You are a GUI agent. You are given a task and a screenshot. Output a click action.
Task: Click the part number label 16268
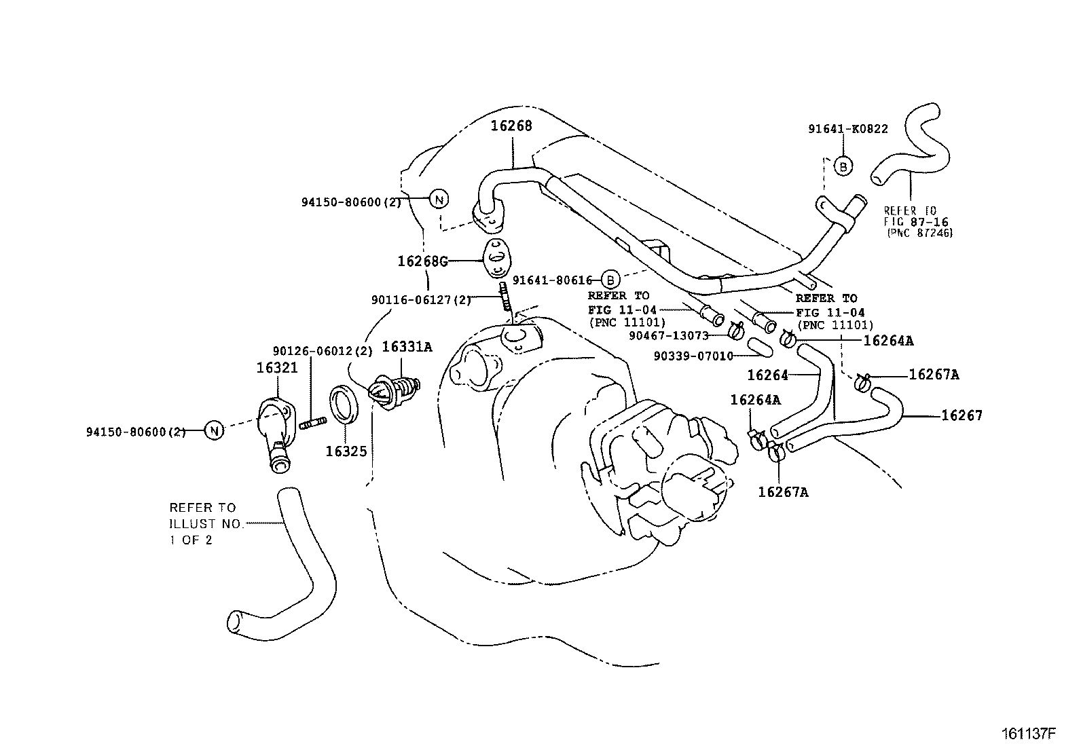coord(511,126)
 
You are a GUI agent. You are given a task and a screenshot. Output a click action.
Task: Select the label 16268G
coord(422,261)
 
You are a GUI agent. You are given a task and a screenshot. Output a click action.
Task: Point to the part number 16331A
coord(407,346)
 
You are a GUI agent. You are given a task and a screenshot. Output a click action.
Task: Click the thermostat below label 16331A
coord(394,392)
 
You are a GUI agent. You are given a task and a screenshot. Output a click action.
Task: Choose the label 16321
coord(277,368)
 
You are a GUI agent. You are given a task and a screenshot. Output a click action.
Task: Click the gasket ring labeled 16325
coord(344,404)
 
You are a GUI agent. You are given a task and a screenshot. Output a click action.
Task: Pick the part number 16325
coord(346,451)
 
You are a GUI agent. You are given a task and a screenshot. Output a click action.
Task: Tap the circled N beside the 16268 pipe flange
coord(439,200)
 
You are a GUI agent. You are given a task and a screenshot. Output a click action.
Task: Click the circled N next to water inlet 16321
coord(215,430)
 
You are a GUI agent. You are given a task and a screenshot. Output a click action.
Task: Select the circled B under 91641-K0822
coord(843,166)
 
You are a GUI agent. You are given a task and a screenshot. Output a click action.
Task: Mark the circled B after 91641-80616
coord(610,280)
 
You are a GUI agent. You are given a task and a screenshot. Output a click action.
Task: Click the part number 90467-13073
coord(669,336)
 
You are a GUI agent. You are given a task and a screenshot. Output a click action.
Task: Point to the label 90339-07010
coord(693,356)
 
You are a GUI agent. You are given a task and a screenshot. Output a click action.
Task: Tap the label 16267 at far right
coord(961,415)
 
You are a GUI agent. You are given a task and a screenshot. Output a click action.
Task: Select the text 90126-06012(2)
coord(323,351)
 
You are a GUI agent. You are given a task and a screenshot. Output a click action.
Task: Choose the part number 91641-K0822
coord(848,129)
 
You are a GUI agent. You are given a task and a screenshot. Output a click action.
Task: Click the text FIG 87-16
coord(916,222)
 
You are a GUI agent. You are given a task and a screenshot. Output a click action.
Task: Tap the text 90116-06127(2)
coord(421,300)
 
